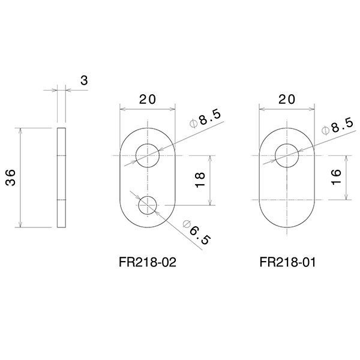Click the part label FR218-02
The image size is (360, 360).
tap(148, 262)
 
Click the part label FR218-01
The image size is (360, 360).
tap(287, 262)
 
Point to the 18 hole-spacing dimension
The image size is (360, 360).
tap(200, 181)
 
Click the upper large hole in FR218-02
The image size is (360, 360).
tap(148, 156)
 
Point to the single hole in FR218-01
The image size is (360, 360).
tap(287, 156)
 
